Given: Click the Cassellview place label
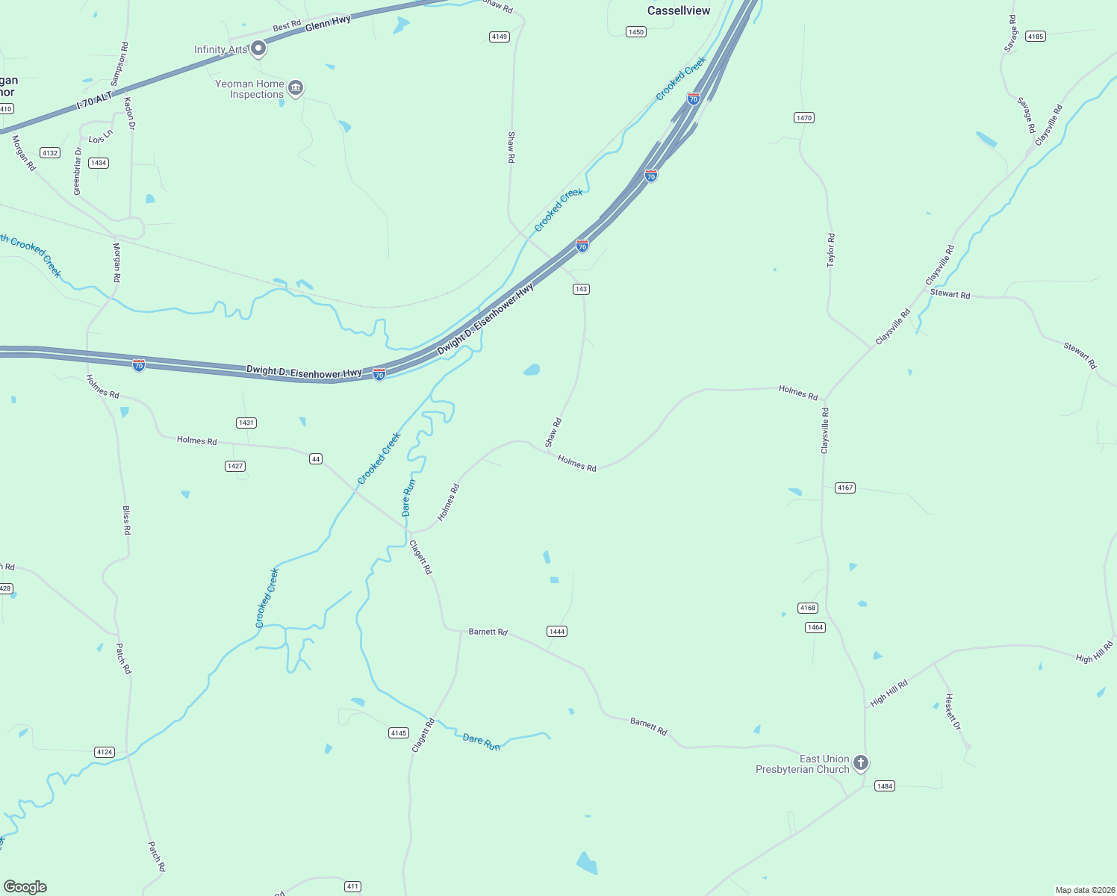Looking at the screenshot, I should pos(679,10).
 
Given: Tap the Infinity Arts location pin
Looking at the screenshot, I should pos(258,49).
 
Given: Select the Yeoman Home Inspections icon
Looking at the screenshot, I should pos(296,89).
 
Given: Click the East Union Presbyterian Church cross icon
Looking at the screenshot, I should pos(861,762).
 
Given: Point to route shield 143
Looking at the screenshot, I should pos(581,289).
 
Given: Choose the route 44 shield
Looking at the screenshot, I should pos(316,458).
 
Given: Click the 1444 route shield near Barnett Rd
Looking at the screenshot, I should pos(557,632).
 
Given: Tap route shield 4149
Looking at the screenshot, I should pos(500,37).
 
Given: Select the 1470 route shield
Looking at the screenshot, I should pos(803,118).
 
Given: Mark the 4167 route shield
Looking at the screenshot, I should pos(844,488).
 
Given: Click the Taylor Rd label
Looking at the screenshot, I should pos(830,250).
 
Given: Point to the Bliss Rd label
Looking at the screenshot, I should pos(126,520).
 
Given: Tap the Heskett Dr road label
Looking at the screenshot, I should pos(953,712).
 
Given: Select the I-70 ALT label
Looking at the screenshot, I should pos(94,101).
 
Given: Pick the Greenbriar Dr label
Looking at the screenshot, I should pos(77,171).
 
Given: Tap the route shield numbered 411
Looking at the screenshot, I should pos(352,886).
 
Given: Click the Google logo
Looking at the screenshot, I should pos(25,887).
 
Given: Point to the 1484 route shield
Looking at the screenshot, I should pos(884,786).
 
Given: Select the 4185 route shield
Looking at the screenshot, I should pos(1035,37).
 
